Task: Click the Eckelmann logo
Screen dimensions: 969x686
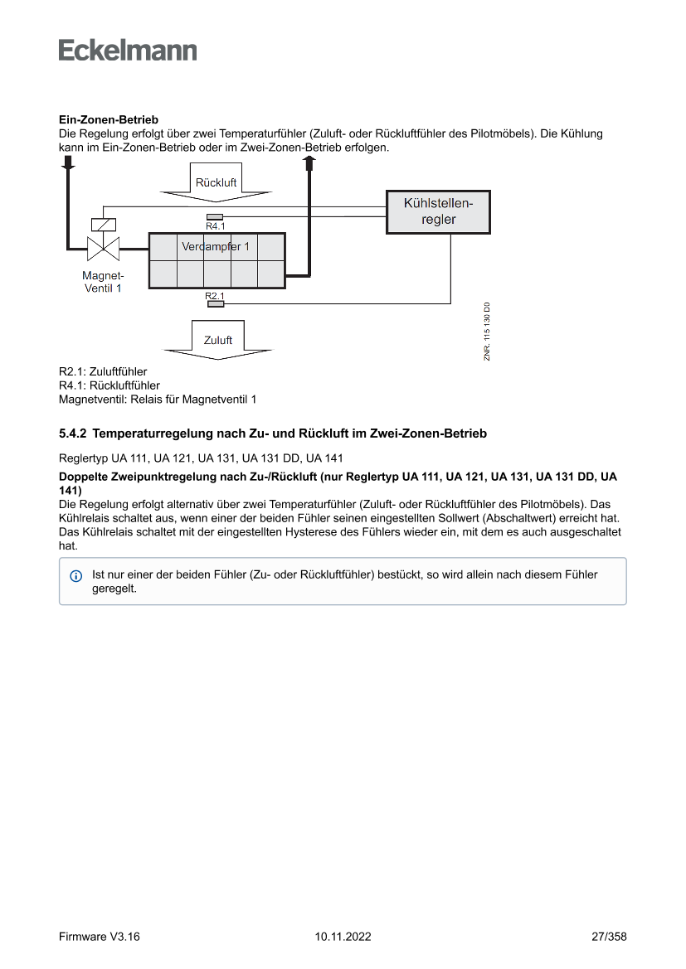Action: click(x=128, y=51)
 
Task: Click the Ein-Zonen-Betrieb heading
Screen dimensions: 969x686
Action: click(x=109, y=120)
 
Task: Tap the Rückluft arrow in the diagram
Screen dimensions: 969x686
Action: click(x=216, y=183)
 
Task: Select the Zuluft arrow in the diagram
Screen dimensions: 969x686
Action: click(x=218, y=341)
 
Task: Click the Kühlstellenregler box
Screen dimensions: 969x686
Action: click(x=437, y=211)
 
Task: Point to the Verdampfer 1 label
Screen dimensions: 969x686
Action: click(x=216, y=247)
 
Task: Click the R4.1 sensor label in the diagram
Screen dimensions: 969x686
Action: click(x=215, y=225)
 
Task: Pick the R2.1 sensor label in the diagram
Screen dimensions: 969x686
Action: click(x=215, y=296)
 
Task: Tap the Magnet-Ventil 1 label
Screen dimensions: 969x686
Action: click(x=103, y=282)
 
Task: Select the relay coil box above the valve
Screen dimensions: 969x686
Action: click(x=103, y=224)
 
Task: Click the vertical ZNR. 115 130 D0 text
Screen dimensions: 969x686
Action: click(x=488, y=331)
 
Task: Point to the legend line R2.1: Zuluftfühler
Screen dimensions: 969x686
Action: click(x=103, y=372)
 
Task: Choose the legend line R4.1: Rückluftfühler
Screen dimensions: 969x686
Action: click(x=109, y=385)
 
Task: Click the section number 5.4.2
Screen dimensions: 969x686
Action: click(x=73, y=434)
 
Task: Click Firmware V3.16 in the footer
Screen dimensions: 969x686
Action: click(x=100, y=937)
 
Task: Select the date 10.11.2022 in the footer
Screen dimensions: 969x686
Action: click(x=343, y=937)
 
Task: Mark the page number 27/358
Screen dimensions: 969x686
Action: click(x=609, y=937)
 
